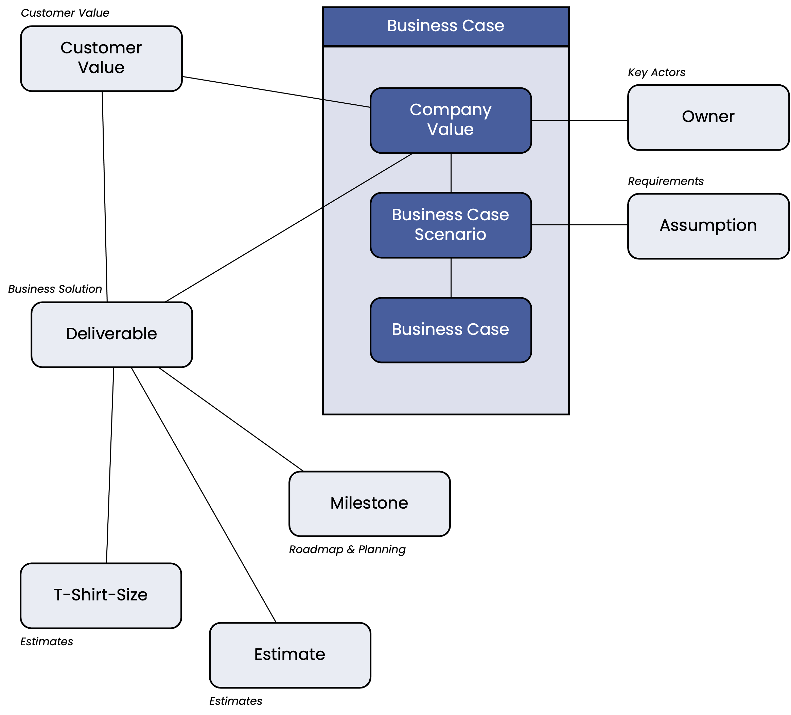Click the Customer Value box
pos(101,58)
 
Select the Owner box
pos(708,117)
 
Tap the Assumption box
pos(708,226)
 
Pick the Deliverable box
pos(112,335)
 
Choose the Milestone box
pos(370,504)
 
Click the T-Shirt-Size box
pos(101,596)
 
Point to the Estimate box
pos(290,655)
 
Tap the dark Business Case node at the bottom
pos(451,330)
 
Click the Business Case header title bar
pos(446,26)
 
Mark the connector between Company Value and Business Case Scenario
pos(451,173)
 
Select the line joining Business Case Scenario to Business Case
pos(451,277)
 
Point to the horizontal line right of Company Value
pos(550,120)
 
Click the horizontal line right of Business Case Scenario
pos(550,225)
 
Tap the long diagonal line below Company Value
pos(368,180)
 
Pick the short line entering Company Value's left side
pos(347,104)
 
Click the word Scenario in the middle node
pos(451,234)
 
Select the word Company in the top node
pos(451,110)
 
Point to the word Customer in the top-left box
pos(101,48)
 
